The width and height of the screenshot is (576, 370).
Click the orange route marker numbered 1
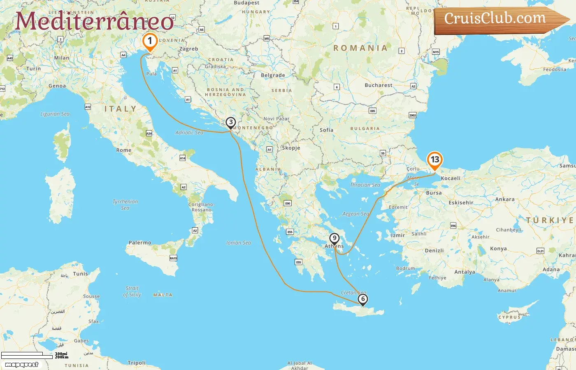[x=150, y=41]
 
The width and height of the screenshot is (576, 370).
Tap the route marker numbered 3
[x=230, y=122]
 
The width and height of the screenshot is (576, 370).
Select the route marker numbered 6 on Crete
[x=363, y=299]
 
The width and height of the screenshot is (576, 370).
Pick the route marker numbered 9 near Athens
[x=334, y=238]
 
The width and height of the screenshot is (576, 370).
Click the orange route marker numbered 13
[x=435, y=160]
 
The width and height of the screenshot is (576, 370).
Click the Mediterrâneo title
[x=94, y=21]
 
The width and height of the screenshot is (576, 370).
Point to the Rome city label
[x=124, y=150]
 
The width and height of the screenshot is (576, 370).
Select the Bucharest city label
[x=379, y=86]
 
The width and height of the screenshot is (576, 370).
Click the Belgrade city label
[x=273, y=75]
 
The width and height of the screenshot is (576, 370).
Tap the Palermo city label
[x=140, y=243]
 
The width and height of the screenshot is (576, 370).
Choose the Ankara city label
[x=505, y=199]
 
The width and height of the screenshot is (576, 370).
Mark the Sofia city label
[x=327, y=130]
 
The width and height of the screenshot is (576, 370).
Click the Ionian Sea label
[x=239, y=243]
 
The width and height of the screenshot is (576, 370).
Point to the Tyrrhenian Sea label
[x=125, y=205]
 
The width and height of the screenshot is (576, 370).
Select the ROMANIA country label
[x=360, y=48]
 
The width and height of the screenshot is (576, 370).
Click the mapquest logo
[x=22, y=365]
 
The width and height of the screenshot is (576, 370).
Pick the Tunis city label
[x=80, y=274]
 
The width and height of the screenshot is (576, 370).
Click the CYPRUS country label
[x=509, y=317]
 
